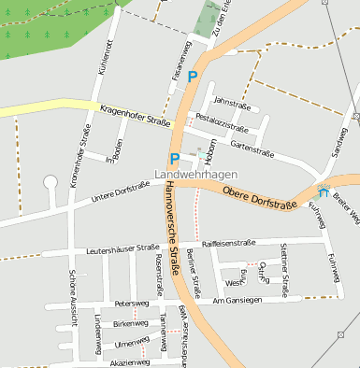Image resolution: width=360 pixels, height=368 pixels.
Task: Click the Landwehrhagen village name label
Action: pos(196,175)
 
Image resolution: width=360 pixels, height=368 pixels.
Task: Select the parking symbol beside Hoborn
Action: pos(174,159)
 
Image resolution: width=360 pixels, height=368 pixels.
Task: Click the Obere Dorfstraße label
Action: pos(259,198)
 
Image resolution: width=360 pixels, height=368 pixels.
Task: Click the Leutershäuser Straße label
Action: pos(122,249)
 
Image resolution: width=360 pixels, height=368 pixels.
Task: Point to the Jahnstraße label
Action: pos(233,103)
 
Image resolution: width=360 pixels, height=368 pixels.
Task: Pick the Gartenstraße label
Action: pos(249,147)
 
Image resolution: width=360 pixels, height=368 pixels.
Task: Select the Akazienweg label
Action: pos(129,361)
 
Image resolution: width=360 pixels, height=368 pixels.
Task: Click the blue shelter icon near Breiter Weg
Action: pos(324,193)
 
